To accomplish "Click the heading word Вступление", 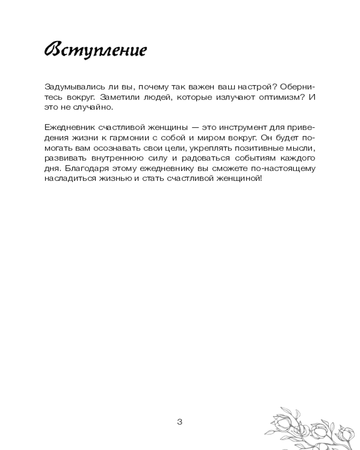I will coord(95,50).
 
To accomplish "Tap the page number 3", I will coord(180,422).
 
